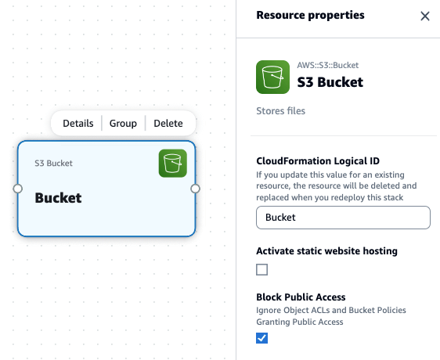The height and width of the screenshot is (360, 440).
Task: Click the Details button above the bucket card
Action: pos(78,123)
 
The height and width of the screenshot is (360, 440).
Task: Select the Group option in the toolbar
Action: pos(123,124)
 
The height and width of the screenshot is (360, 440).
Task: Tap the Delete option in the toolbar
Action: pos(168,123)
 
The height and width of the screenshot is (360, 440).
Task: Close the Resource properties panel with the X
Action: pos(425,16)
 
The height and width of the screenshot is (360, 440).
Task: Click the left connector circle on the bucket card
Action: pos(18,189)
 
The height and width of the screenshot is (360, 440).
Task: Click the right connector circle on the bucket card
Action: pos(195,189)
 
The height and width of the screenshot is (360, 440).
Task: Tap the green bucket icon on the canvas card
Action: pos(173,164)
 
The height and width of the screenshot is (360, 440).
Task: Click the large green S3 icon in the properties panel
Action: pos(272,77)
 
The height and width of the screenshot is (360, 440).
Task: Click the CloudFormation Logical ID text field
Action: pos(343,218)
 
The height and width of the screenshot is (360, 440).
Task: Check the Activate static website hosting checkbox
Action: pos(261,270)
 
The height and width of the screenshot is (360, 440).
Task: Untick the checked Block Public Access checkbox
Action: pos(261,338)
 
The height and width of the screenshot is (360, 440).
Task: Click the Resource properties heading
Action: pos(310,15)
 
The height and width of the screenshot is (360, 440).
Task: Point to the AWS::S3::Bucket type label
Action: pos(328,65)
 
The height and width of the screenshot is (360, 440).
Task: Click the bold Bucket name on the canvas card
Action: pos(58,198)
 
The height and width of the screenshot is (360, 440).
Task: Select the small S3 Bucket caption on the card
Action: pos(53,164)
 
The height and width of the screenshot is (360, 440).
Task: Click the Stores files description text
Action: pos(280,111)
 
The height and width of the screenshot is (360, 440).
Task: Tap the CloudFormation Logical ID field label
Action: pos(318,161)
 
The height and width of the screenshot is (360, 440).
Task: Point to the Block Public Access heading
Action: pos(301,297)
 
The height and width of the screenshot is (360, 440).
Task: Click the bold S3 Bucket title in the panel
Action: pos(330,82)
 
